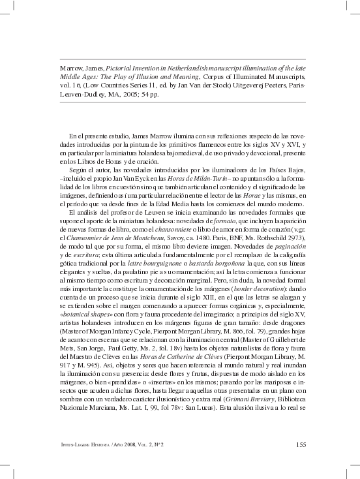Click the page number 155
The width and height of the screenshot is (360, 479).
point(301,446)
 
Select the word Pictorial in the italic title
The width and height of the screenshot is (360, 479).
point(112,68)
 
